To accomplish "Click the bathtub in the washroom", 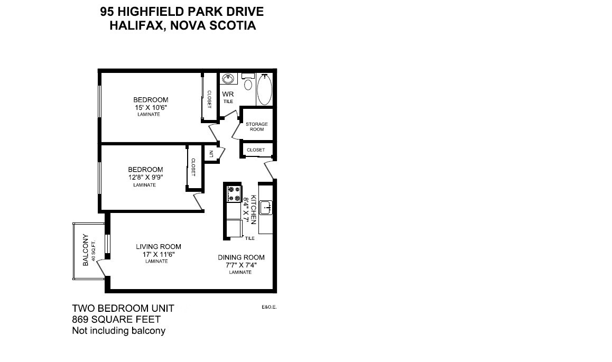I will [x=264, y=90].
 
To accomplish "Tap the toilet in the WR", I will [x=248, y=84].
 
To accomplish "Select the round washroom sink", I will [x=228, y=79].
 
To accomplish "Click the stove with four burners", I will [x=233, y=194].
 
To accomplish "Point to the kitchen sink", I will [x=265, y=207].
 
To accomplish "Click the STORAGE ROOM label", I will [x=257, y=127].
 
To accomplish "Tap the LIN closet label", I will [x=211, y=154].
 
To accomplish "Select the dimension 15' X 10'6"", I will [x=151, y=107].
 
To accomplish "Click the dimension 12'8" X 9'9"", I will [x=145, y=178].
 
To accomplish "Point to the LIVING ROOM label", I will [x=158, y=247].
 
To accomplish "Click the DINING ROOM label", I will [x=241, y=258].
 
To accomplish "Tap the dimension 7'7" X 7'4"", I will [x=241, y=265].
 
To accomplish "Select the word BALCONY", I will [x=86, y=250].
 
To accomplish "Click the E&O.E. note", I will [x=269, y=307].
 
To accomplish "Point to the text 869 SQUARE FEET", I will [x=116, y=319].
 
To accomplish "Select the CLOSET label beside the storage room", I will [x=256, y=150].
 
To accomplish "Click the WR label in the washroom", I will [x=228, y=94].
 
